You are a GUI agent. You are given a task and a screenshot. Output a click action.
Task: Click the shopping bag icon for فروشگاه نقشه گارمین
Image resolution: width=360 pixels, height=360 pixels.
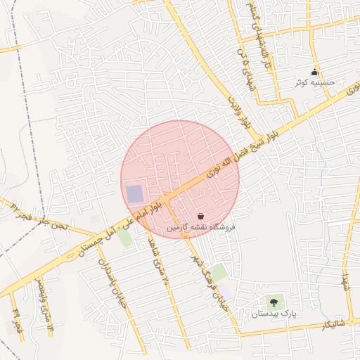point(202,217)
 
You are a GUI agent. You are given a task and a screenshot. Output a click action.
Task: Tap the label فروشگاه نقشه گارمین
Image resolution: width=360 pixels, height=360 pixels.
point(202,229)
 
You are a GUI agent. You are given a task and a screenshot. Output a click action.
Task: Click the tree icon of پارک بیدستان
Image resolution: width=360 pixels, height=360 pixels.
point(274,303)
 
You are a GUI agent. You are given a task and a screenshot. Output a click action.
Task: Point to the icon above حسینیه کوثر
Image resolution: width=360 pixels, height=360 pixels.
point(314,72)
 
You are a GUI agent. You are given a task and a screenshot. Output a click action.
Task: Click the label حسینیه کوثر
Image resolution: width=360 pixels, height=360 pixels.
point(320,83)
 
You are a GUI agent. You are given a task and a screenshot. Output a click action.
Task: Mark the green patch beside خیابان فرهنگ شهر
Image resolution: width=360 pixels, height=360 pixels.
point(220,272)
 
